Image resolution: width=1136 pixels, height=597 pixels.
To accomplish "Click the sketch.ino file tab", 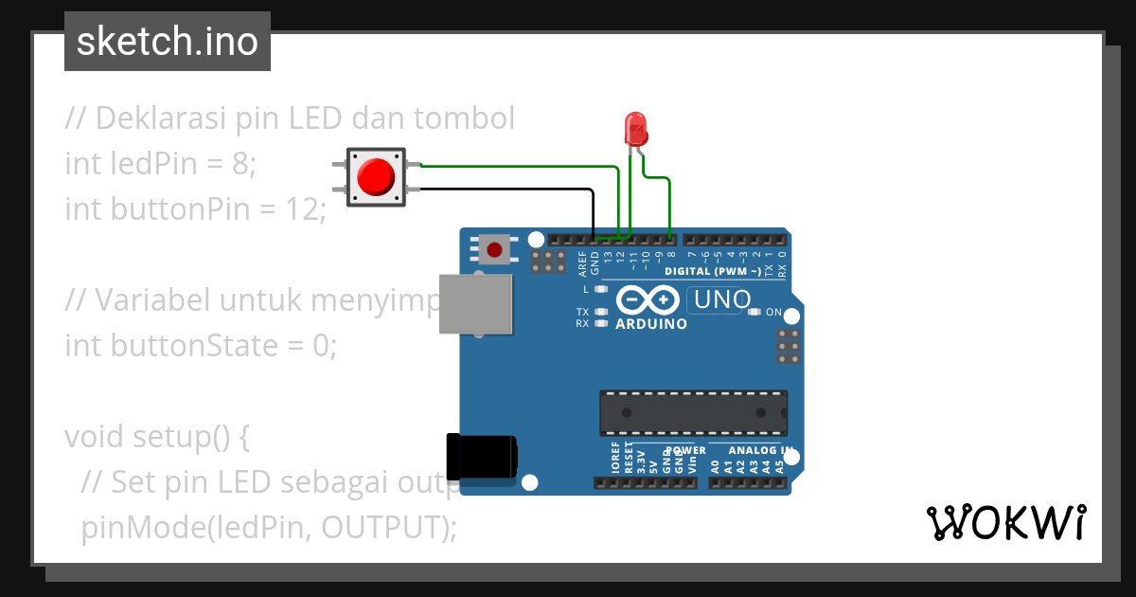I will [x=168, y=42].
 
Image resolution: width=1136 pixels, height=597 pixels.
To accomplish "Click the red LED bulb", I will [x=634, y=128].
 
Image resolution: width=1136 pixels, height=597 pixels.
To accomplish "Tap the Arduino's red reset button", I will [x=493, y=250].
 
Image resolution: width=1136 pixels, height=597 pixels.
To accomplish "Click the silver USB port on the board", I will [x=477, y=304].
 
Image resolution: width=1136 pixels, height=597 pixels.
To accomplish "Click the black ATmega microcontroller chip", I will [x=692, y=412].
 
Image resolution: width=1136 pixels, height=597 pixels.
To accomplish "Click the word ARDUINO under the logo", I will [x=651, y=324].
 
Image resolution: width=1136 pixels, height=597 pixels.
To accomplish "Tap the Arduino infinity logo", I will [x=648, y=300].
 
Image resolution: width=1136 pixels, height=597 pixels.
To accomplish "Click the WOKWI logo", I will [x=1005, y=522].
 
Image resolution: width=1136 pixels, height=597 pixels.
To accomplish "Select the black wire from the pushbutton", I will [x=530, y=190].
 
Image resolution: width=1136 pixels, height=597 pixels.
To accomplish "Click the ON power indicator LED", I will [x=754, y=312].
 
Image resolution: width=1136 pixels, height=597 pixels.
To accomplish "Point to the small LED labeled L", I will [x=600, y=289].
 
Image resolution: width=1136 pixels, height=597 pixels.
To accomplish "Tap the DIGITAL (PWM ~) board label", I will [x=713, y=272].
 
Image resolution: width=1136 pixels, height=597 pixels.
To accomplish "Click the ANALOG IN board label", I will [x=761, y=451].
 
